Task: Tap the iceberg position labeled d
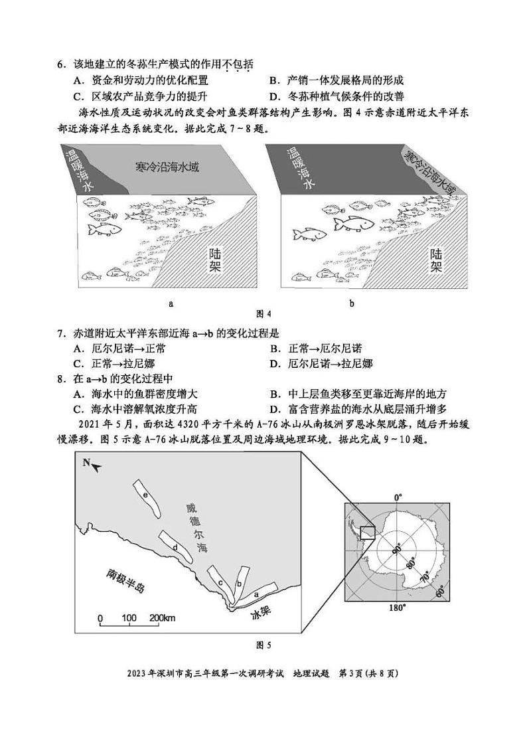point(177,546)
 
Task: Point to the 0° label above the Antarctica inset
point(398,497)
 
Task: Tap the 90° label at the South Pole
point(396,550)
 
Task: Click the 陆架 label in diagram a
point(214,260)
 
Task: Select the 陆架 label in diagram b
point(435,260)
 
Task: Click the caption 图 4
point(264,313)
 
